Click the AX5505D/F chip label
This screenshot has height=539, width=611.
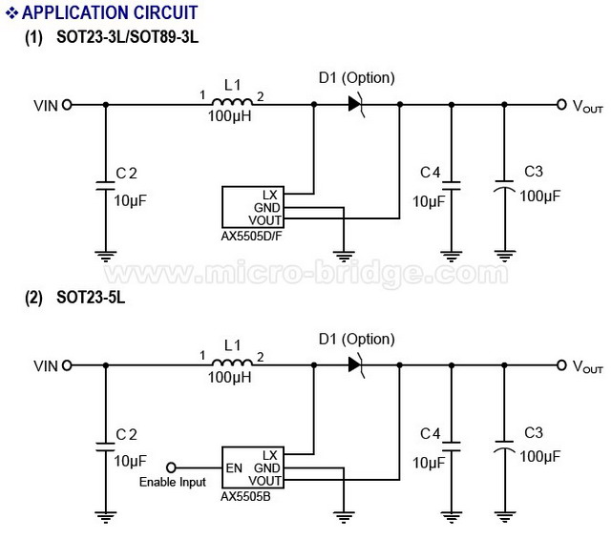[x=251, y=236]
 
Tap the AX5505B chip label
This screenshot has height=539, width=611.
[x=245, y=497]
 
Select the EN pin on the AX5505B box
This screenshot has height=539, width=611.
[x=234, y=467]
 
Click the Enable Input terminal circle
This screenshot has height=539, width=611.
[x=171, y=467]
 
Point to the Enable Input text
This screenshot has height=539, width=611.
[x=172, y=482]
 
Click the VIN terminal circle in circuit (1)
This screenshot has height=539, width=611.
[x=67, y=105]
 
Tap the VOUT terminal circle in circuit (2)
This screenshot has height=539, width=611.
[x=561, y=365]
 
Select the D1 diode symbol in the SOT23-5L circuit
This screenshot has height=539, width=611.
[x=356, y=365]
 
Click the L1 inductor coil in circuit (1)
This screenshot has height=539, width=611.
[x=232, y=102]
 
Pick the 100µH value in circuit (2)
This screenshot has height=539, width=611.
[x=229, y=377]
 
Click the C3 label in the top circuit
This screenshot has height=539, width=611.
[x=534, y=172]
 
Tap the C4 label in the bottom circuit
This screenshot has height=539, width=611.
[x=431, y=433]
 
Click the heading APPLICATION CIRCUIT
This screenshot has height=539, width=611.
[x=110, y=12]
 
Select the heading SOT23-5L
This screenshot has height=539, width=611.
[x=91, y=298]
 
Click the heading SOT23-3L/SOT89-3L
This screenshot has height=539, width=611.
[x=127, y=37]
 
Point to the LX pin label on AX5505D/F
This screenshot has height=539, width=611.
[x=269, y=196]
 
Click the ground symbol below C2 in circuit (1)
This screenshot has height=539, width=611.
[x=106, y=257]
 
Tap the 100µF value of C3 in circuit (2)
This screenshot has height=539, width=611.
[x=539, y=456]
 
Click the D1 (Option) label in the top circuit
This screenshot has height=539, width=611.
[x=356, y=78]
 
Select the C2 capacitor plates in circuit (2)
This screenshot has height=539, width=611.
[x=106, y=446]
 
